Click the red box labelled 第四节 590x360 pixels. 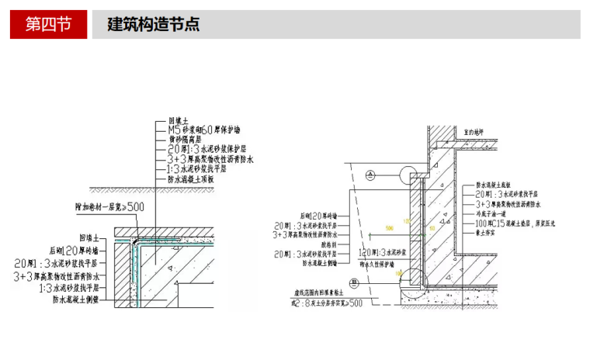[47, 24]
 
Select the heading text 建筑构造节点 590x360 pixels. [153, 24]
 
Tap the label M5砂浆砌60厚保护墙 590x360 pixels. [204, 130]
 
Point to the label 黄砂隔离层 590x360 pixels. [189, 139]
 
